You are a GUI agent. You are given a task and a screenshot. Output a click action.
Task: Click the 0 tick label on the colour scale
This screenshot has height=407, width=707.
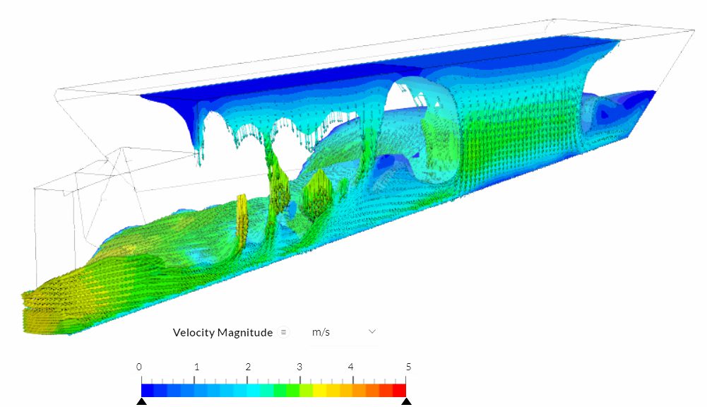click(x=139, y=367)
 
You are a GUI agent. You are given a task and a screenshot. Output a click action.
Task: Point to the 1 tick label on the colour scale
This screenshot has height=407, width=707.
click(x=196, y=367)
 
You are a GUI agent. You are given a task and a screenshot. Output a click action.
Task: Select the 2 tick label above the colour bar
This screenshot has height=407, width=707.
click(x=248, y=367)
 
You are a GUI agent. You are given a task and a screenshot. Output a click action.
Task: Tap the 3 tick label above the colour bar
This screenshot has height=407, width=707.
click(x=299, y=367)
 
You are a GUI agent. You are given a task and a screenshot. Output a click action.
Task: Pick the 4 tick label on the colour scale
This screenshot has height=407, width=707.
click(x=351, y=367)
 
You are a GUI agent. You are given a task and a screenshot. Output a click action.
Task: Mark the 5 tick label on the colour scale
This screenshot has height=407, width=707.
click(x=408, y=367)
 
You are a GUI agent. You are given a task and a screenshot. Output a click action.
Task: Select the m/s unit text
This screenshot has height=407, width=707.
click(x=321, y=332)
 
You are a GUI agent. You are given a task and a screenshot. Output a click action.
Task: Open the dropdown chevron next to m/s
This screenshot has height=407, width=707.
click(x=372, y=331)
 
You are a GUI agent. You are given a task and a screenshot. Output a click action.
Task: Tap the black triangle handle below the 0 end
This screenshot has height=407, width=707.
click(x=141, y=401)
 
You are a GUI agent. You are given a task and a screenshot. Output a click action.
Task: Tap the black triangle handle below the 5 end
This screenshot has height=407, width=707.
click(x=406, y=401)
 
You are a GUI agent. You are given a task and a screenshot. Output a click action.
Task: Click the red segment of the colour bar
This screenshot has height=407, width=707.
click(x=399, y=390)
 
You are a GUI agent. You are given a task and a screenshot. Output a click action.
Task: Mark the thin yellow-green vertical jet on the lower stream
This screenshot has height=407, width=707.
click(x=242, y=219)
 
